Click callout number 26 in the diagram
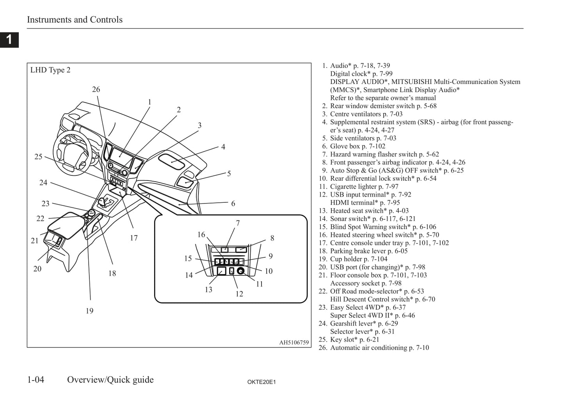(x=96, y=89)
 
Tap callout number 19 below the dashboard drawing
(x=89, y=311)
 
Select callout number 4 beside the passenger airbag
(x=223, y=147)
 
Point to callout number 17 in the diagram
(x=134, y=238)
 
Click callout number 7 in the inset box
(x=238, y=223)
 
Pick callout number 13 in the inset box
(x=208, y=289)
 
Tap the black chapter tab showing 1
(x=9, y=39)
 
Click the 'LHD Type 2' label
(x=50, y=70)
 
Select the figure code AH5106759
(x=294, y=343)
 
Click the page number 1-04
(x=36, y=380)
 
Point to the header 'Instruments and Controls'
(x=75, y=20)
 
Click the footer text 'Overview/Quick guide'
(x=110, y=380)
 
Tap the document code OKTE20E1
(x=262, y=382)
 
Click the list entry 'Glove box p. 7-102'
(x=358, y=146)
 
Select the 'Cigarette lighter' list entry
(x=364, y=186)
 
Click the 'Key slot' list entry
(x=354, y=339)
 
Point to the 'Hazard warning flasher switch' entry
(x=384, y=154)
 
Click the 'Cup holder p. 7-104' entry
(x=359, y=259)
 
